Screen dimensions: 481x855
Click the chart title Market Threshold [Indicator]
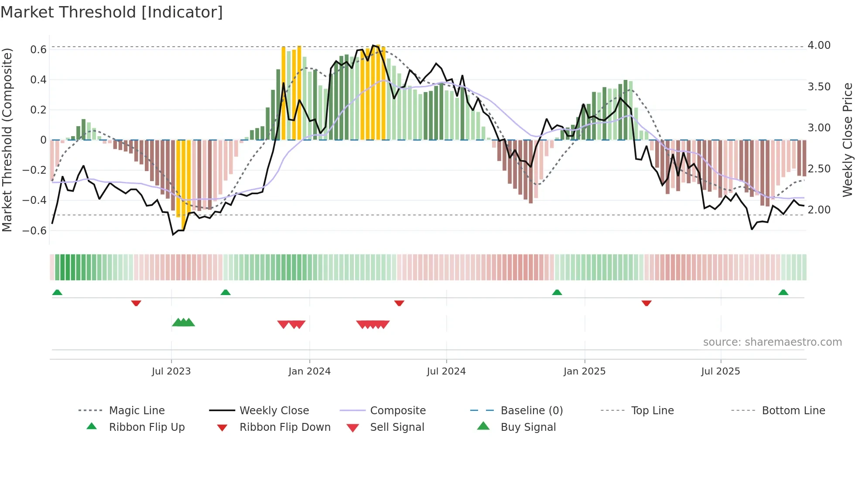click(112, 12)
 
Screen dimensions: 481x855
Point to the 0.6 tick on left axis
click(38, 50)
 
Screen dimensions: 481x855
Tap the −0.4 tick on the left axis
click(34, 200)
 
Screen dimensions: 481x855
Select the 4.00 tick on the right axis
click(819, 45)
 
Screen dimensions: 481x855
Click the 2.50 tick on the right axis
click(819, 169)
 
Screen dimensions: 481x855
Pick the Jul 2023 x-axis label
click(171, 371)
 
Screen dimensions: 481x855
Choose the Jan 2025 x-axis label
click(584, 371)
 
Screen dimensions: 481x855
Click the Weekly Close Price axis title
click(847, 140)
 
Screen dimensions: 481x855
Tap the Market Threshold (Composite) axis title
click(7, 140)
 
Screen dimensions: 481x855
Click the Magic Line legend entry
click(137, 411)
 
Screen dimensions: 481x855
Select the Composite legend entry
click(397, 411)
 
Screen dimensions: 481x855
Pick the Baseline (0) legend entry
click(531, 411)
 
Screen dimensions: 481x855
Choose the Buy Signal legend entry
click(528, 427)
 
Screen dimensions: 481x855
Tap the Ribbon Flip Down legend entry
click(284, 427)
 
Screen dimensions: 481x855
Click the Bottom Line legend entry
click(793, 411)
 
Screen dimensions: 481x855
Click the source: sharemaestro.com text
click(772, 342)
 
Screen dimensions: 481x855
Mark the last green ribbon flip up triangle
click(783, 292)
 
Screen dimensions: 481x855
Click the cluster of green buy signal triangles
click(183, 323)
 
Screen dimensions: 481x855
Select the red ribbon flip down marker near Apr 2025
click(646, 303)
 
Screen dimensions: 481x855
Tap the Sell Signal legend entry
click(397, 427)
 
